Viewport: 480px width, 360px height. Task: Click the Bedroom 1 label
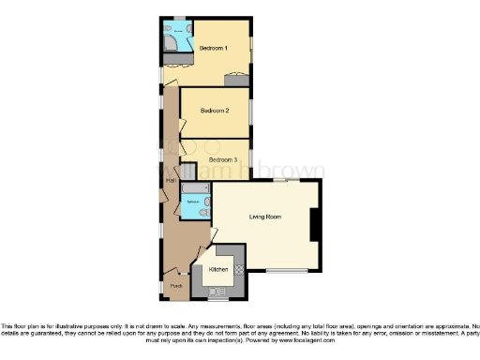coord(214,46)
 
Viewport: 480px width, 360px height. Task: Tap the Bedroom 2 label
coord(215,111)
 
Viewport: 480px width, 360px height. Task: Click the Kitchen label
coord(218,269)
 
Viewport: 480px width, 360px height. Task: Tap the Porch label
coord(175,286)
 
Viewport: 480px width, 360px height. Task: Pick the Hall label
coord(171,180)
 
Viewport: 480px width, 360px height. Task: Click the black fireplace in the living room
coord(315,225)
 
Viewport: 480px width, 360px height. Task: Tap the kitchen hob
coord(238,269)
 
